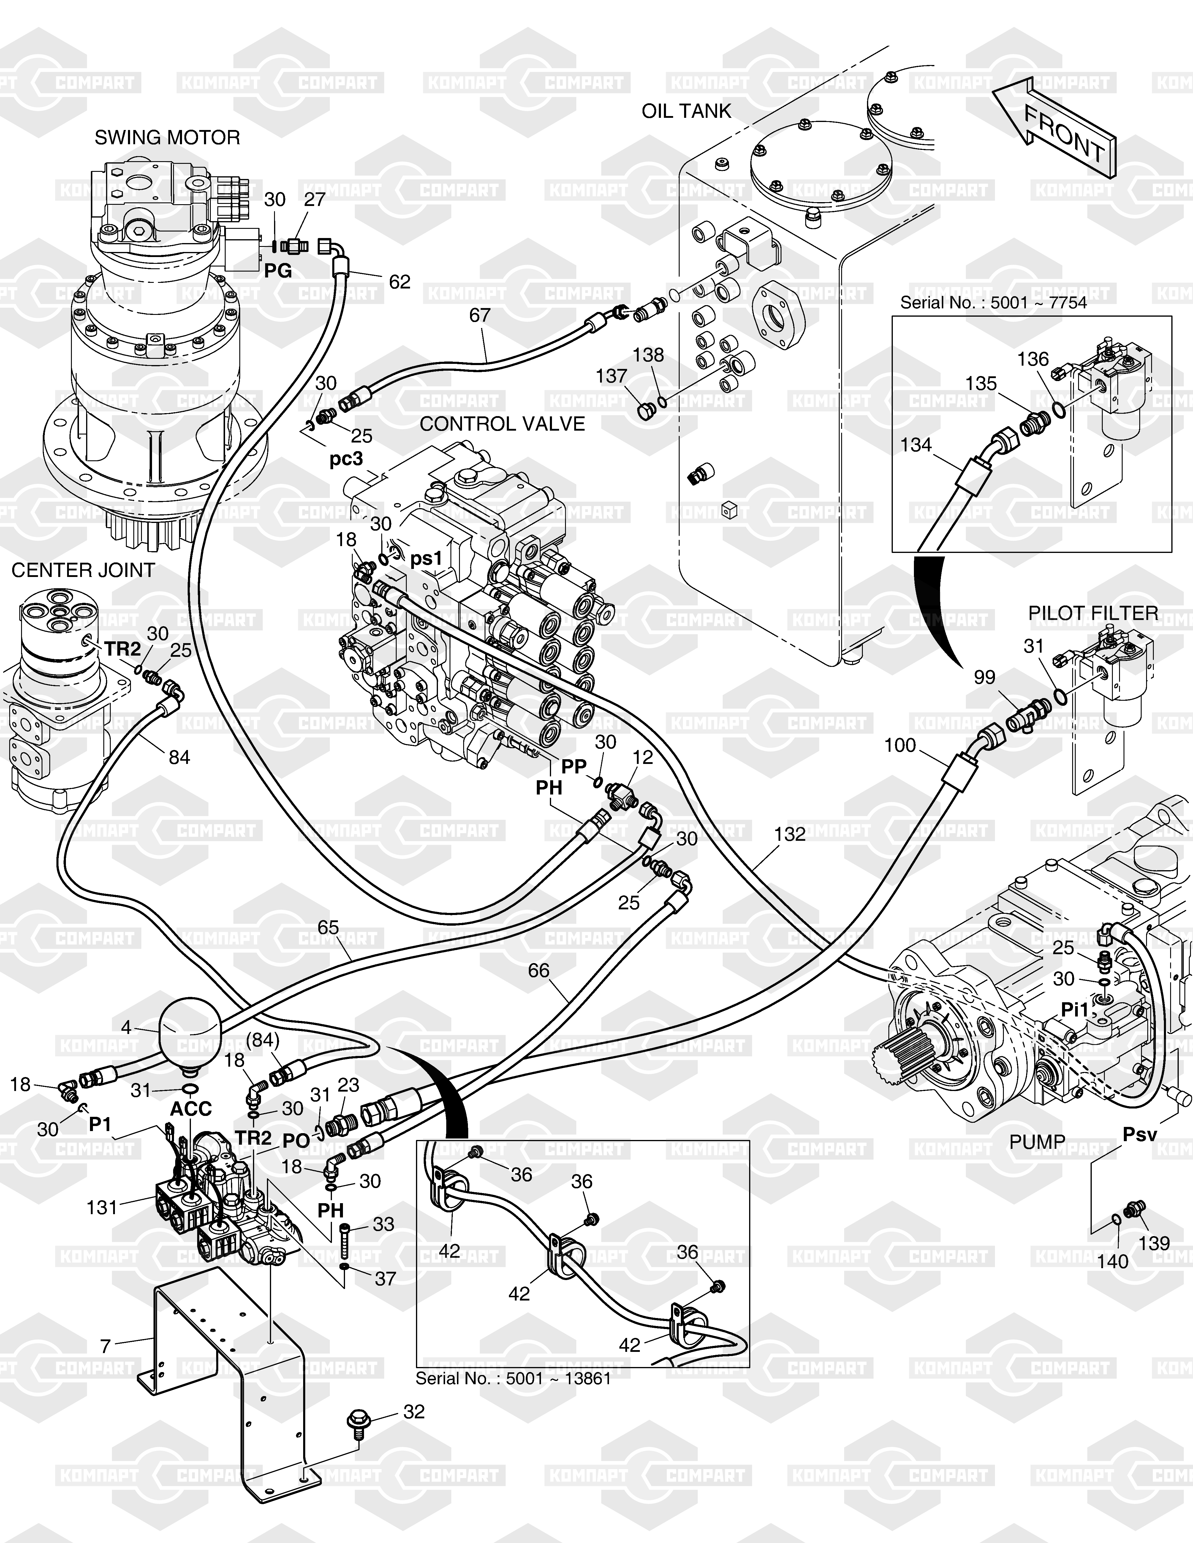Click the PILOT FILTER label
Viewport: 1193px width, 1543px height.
[x=1093, y=613]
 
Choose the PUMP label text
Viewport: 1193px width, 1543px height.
[x=1037, y=1142]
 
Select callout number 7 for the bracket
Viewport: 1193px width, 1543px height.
[x=105, y=1347]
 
